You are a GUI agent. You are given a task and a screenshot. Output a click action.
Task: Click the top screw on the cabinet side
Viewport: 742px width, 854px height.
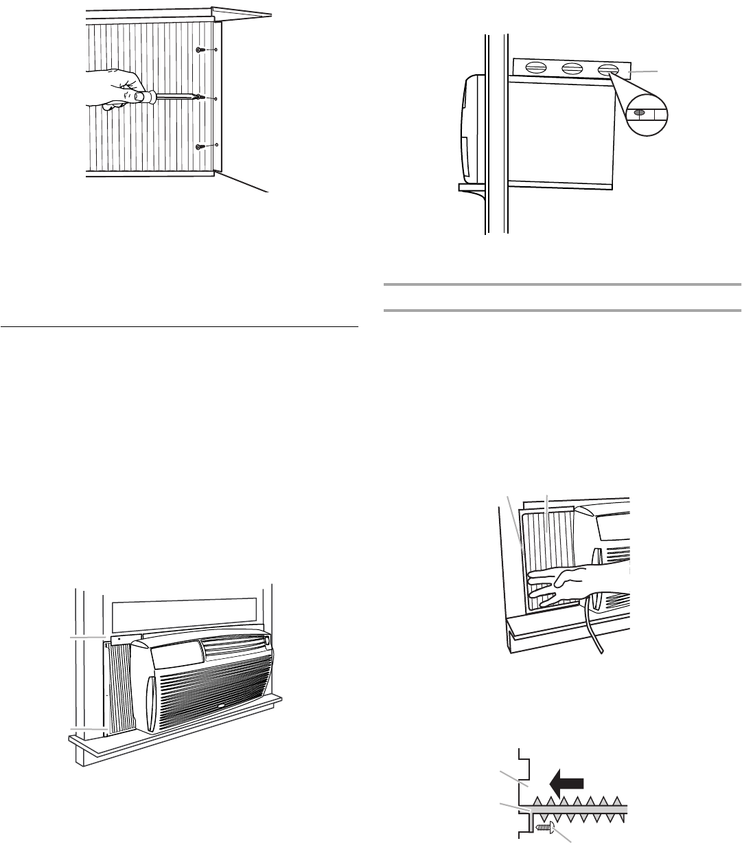pyautogui.click(x=199, y=50)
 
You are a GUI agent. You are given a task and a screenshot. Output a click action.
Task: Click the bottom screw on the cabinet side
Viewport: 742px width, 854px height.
pyautogui.click(x=200, y=146)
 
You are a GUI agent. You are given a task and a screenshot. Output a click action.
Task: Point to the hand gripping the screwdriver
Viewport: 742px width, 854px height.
pyautogui.click(x=110, y=89)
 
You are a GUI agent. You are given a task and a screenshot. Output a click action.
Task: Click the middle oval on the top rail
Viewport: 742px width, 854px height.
pyautogui.click(x=572, y=68)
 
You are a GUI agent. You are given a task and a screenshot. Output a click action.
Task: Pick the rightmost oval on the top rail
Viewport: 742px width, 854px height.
pyautogui.click(x=607, y=69)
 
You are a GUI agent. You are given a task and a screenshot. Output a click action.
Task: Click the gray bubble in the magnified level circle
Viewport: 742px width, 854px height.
pyautogui.click(x=638, y=112)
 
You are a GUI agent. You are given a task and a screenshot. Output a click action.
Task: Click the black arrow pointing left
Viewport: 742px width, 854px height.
pyautogui.click(x=568, y=783)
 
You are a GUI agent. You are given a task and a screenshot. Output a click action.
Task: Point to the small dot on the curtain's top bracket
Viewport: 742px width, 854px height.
pyautogui.click(x=119, y=639)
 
